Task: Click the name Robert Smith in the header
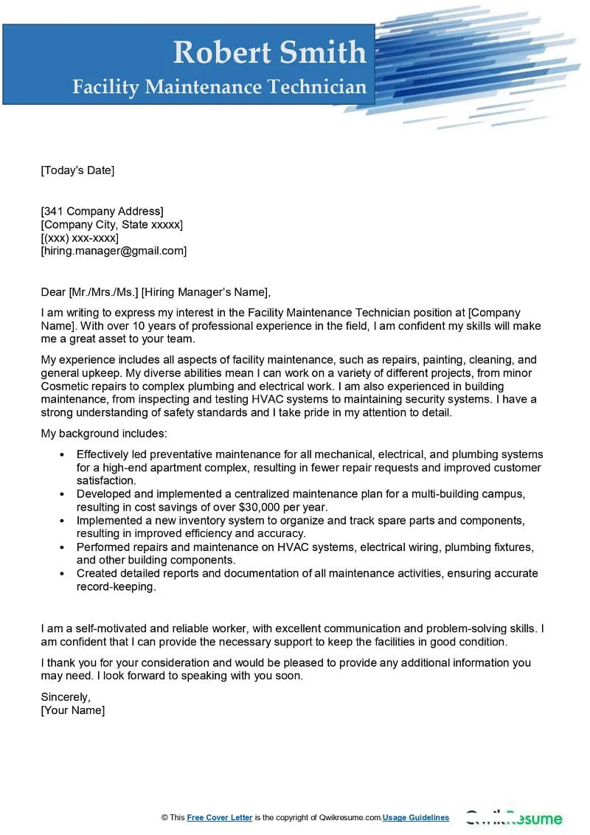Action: [269, 52]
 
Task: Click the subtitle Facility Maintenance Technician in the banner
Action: [219, 87]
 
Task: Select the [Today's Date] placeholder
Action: [77, 170]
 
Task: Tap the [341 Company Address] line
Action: [102, 211]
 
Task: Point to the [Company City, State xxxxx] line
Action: [111, 224]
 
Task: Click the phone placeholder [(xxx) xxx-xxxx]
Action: [80, 238]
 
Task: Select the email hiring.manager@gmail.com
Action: [114, 251]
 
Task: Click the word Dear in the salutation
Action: [53, 291]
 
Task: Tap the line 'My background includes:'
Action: [104, 433]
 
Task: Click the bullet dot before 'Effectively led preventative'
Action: [61, 454]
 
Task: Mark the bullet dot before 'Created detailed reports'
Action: [61, 574]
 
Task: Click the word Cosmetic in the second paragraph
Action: [64, 387]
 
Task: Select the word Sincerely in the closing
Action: [66, 697]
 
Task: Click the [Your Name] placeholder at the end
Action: [73, 710]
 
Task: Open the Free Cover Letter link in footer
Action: [220, 817]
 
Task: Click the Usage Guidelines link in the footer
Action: [416, 817]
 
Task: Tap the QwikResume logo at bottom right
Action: [513, 818]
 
